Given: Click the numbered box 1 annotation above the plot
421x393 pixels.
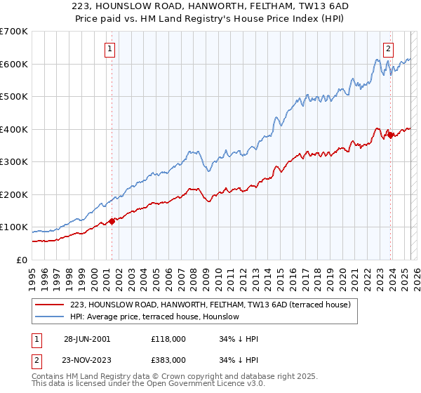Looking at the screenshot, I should tap(112, 48).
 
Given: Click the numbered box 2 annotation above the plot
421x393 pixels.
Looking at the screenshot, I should tap(388, 48).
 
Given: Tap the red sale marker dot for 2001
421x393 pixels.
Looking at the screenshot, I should tap(112, 221).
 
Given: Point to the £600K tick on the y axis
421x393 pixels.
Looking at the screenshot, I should tap(14, 64).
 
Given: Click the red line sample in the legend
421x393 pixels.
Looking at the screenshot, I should tap(51, 305).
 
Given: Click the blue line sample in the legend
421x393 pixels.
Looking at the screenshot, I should tap(51, 317).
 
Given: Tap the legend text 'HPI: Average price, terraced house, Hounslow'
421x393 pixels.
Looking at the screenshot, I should tap(155, 317).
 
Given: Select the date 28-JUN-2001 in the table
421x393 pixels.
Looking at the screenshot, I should tap(87, 338).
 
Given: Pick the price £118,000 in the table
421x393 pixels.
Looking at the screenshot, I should tap(168, 338).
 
